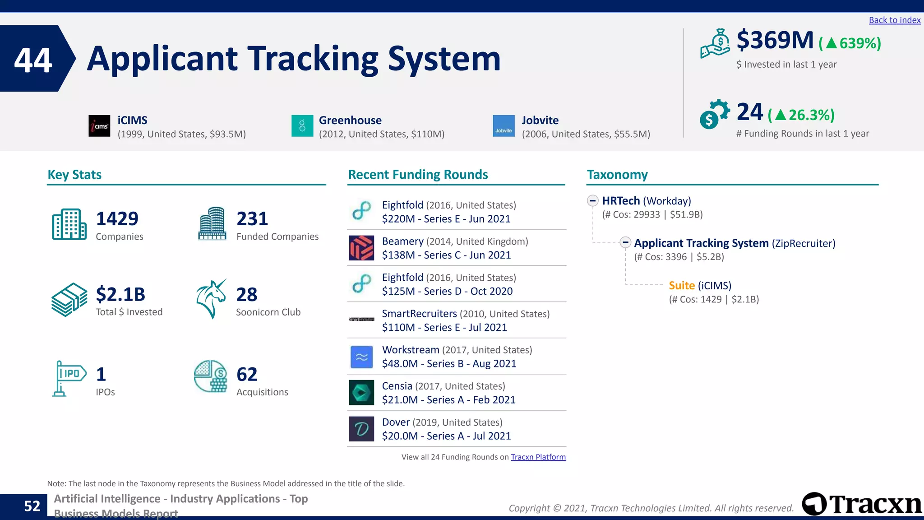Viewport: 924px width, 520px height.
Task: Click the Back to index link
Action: [894, 20]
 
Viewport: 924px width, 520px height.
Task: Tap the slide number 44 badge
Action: [33, 60]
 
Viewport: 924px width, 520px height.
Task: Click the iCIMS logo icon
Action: [99, 126]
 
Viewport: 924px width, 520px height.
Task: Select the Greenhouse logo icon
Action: [302, 126]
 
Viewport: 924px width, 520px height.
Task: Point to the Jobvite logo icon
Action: [504, 126]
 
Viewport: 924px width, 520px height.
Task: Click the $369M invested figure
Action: [775, 41]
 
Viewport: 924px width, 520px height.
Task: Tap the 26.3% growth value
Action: [811, 115]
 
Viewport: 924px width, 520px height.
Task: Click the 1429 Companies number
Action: [117, 219]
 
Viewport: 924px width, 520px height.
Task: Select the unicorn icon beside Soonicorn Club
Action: [211, 299]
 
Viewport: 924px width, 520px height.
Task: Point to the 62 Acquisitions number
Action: [247, 375]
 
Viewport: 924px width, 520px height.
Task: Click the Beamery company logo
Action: [361, 248]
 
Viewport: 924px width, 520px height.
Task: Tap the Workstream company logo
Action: [361, 357]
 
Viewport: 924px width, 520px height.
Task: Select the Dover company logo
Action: [361, 429]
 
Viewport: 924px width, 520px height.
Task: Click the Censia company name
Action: [397, 386]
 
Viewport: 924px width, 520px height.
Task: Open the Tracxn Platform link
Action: [538, 457]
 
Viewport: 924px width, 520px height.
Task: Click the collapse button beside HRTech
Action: [593, 201]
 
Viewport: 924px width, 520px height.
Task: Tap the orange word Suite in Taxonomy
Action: [681, 286]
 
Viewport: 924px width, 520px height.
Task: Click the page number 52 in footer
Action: [32, 506]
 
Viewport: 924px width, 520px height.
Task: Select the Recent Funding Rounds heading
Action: [418, 175]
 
